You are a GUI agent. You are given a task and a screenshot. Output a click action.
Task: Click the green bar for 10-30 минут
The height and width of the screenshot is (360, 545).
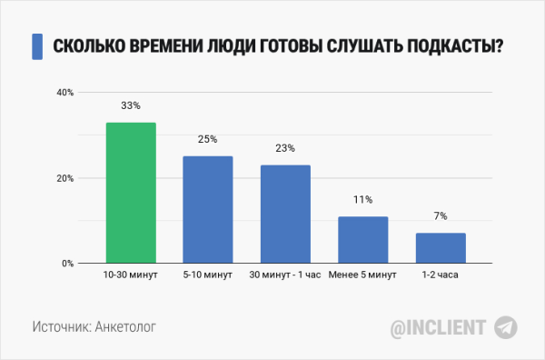pos(131,193)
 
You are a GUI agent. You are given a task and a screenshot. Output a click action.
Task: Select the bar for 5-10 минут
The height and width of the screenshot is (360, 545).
pos(208,210)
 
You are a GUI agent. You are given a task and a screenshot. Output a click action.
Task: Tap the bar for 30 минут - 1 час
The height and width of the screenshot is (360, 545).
pos(285,215)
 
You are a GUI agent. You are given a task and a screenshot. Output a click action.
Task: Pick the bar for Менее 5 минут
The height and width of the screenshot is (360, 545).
pos(363,240)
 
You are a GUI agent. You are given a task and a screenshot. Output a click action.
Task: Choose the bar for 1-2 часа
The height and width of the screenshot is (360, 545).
pos(441,248)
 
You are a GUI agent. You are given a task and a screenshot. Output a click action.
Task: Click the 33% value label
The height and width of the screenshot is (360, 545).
pos(131,105)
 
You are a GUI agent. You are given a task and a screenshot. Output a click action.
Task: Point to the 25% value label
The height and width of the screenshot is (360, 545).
pos(208,139)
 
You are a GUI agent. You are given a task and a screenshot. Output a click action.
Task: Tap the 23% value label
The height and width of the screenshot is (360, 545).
pos(285,148)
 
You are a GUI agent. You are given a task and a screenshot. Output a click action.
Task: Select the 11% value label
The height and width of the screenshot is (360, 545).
pos(363,199)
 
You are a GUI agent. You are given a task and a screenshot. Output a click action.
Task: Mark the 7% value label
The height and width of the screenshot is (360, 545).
pos(441,215)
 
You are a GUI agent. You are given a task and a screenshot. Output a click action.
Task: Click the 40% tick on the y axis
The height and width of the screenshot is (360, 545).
pos(64,92)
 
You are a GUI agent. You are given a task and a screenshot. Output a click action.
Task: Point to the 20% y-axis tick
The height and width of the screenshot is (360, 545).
pos(64,178)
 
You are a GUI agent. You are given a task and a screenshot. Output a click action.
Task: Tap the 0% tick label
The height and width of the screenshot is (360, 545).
pos(67,264)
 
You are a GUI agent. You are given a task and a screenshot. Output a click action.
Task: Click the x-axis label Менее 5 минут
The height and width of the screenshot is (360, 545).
pos(363,275)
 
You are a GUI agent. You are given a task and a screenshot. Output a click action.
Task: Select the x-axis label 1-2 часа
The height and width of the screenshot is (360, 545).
pos(441,275)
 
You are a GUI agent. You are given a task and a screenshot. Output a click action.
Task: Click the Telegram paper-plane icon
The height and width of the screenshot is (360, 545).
pos(505,326)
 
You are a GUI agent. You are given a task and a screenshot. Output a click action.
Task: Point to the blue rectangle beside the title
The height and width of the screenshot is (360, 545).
pos(37,46)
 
